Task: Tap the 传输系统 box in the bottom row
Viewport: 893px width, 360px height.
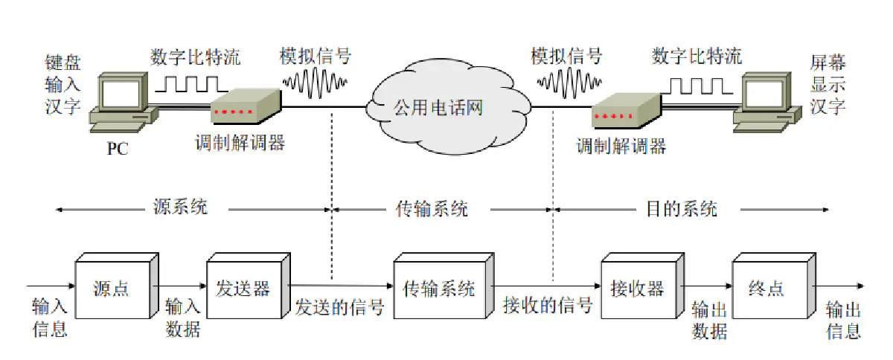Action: click(x=439, y=289)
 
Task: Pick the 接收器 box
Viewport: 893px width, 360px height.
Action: click(x=636, y=289)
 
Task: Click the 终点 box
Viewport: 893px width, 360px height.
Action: click(x=766, y=289)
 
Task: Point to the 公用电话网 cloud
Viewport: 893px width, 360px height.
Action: click(x=439, y=109)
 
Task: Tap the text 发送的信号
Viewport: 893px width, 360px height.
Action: click(x=339, y=306)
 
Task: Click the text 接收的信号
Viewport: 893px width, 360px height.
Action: click(x=547, y=306)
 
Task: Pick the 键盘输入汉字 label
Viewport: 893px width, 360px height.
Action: click(x=63, y=83)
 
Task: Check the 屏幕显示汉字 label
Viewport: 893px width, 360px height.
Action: click(x=828, y=83)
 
